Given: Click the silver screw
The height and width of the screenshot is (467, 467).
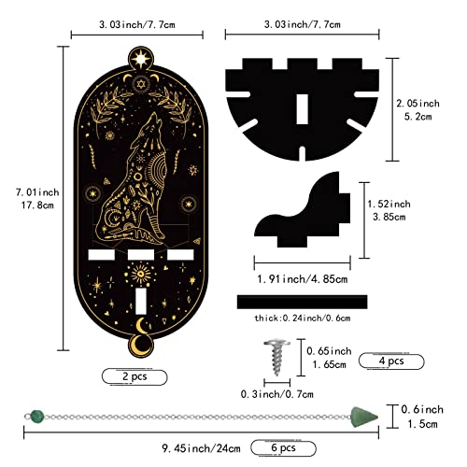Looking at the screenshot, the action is coord(276,357).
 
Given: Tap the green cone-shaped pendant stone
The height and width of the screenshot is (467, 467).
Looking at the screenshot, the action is coord(364,417).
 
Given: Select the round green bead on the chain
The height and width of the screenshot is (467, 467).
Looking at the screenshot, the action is coord(37,417).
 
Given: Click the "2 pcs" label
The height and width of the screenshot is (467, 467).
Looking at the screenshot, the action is coord(134,376).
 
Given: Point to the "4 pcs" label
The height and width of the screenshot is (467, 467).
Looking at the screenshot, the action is coord(391,361).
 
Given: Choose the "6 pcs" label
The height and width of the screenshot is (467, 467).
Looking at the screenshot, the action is coord(283,447).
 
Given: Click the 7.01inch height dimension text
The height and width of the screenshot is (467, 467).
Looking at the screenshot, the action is coord(37,192).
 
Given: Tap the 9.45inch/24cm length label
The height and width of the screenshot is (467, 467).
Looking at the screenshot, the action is coord(201,448).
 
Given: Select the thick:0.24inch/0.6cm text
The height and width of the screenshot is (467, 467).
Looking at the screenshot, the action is coord(303,318).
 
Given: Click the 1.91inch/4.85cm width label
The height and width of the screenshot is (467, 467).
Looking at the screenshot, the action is coord(303,279).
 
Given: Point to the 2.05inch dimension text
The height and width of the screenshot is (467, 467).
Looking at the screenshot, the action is coord(417,103).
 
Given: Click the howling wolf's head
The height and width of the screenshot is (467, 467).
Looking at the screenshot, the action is coord(151,124).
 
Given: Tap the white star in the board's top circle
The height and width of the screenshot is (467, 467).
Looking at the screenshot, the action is coord(141,59).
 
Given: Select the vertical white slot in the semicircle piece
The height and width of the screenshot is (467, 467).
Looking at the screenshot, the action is coord(302,109).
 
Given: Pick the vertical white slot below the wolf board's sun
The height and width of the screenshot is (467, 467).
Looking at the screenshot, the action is coord(141,301).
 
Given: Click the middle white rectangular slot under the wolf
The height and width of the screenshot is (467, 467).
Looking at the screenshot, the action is coord(141,254).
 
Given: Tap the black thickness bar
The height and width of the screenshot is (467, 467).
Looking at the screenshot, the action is coord(302,302).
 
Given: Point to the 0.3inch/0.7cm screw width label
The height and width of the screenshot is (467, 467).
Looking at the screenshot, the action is coord(277,394).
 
